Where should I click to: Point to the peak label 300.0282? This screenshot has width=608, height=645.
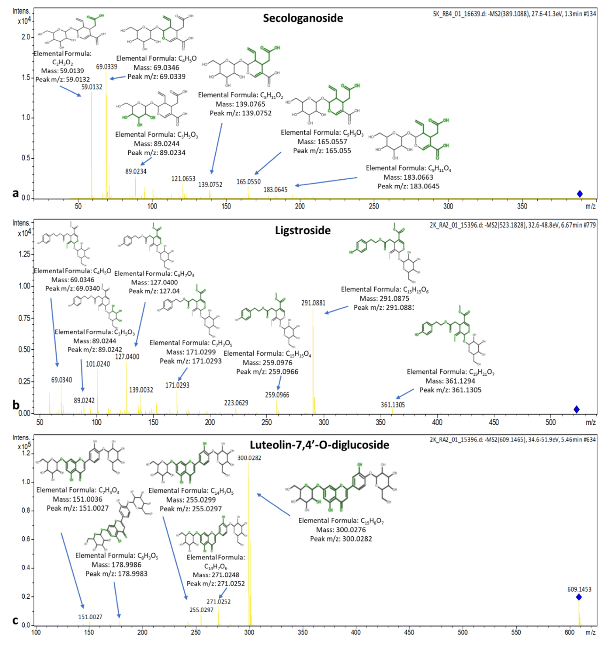click(249, 458)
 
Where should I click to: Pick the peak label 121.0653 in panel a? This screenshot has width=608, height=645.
click(183, 178)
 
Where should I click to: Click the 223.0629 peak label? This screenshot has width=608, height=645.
click(236, 403)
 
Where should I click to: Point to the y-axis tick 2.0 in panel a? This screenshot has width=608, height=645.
click(26, 37)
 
